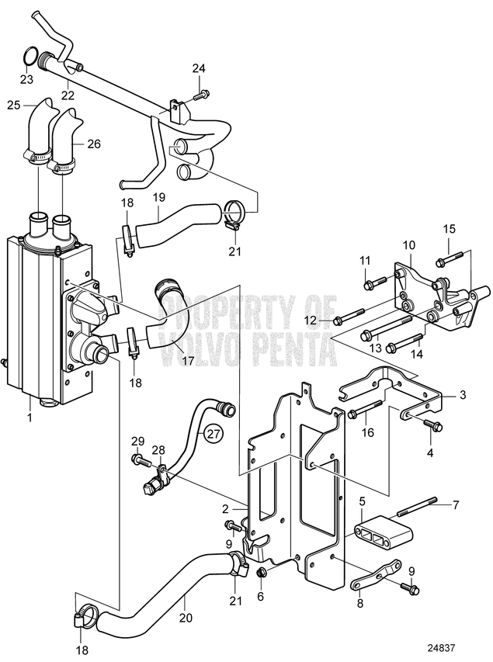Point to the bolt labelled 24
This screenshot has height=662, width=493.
201,95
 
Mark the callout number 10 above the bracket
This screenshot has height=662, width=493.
408,246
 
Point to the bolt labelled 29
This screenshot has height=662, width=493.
141,461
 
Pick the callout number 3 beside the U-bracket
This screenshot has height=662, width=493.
462,395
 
